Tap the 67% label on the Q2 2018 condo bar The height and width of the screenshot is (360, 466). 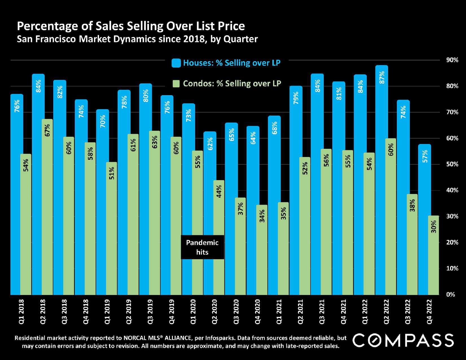pyautogui.click(x=47, y=130)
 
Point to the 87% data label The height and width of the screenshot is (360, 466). pyautogui.click(x=382, y=77)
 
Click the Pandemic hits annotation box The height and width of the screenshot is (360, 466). pyautogui.click(x=202, y=247)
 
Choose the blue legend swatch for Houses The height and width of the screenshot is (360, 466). pyautogui.click(x=176, y=63)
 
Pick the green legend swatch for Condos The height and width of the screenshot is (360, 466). pyautogui.click(x=176, y=84)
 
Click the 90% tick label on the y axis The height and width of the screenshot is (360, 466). pyautogui.click(x=452, y=60)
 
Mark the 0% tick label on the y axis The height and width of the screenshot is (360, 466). pyautogui.click(x=451, y=294)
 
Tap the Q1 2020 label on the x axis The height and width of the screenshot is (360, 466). pyautogui.click(x=193, y=312)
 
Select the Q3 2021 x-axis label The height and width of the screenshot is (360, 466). pyautogui.click(x=322, y=312)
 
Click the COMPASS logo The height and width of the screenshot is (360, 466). pyautogui.click(x=403, y=340)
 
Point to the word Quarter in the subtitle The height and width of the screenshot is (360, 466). pyautogui.click(x=240, y=39)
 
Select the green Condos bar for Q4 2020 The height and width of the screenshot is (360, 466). pyautogui.click(x=262, y=250)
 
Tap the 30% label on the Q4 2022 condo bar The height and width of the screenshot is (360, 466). pyautogui.click(x=434, y=226)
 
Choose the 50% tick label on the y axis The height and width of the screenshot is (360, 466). pyautogui.click(x=452, y=164)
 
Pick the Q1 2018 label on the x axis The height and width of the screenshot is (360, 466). pyautogui.click(x=22, y=312)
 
